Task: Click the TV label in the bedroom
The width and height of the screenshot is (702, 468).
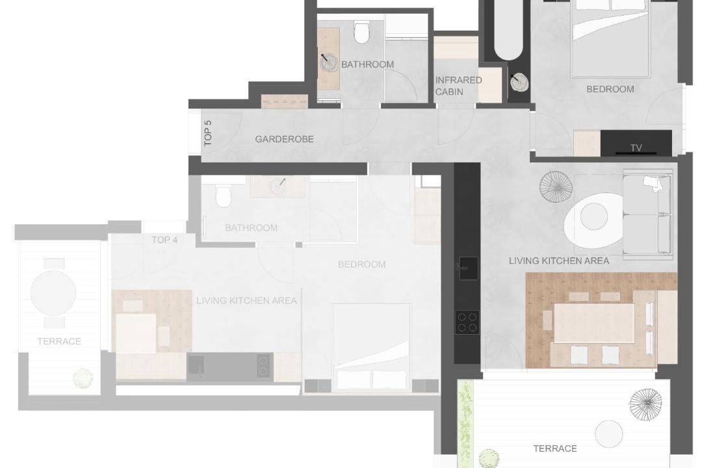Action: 636,148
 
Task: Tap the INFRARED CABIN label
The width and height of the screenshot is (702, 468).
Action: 458,86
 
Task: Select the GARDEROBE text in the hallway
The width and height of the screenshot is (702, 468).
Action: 284,139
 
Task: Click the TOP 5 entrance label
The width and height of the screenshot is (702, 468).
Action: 208,133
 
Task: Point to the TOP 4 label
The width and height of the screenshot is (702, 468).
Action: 164,240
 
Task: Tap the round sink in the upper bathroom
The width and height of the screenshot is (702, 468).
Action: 330,62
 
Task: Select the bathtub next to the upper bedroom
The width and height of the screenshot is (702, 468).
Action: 508,30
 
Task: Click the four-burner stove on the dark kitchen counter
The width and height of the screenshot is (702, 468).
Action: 467,322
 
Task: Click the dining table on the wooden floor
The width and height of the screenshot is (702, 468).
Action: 594,323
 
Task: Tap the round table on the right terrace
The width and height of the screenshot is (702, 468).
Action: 609,434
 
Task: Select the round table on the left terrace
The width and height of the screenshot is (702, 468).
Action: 53,293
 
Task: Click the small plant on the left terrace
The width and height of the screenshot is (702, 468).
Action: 83,378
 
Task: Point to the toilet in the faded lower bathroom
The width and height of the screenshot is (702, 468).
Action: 223,195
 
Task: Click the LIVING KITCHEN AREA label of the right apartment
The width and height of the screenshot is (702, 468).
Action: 559,261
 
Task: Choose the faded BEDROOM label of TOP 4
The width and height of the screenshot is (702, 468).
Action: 362,265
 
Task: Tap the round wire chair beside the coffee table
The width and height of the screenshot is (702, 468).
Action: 556,187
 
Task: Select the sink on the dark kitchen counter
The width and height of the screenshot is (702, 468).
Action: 468,268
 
